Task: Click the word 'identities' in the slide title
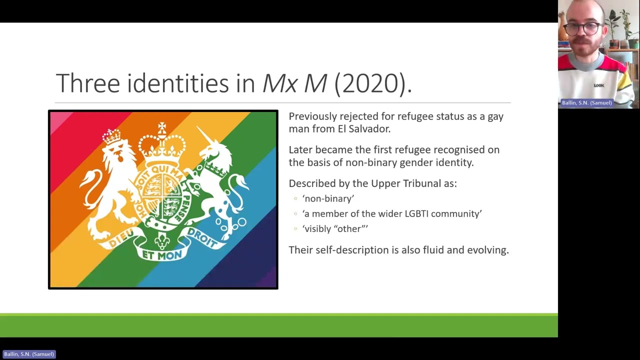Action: (178, 83)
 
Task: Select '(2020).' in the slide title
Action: (372, 83)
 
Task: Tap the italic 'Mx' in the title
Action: (280, 83)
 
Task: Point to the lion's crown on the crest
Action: (112, 135)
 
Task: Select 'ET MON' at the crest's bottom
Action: (162, 255)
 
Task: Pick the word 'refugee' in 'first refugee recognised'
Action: (412, 149)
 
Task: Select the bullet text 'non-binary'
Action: (328, 198)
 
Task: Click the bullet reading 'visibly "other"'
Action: (335, 228)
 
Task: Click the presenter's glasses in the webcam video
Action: (586, 28)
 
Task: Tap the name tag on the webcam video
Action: (586, 102)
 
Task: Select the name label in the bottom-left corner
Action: (28, 354)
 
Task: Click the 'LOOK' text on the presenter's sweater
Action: (598, 85)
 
